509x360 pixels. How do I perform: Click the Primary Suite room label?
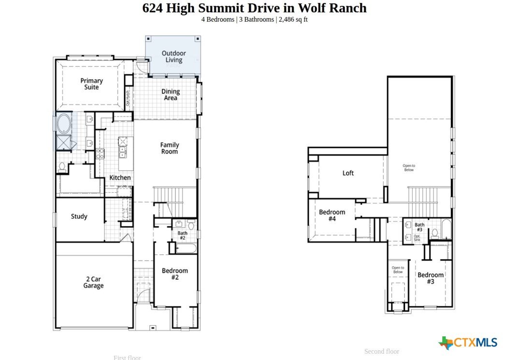(x=91, y=84)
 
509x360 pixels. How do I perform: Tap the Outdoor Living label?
(x=174, y=57)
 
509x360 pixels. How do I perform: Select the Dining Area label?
(x=170, y=95)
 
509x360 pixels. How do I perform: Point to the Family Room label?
(x=170, y=148)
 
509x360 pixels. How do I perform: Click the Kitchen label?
(x=120, y=178)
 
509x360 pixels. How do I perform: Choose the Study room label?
(x=79, y=216)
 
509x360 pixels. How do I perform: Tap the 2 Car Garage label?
(x=93, y=283)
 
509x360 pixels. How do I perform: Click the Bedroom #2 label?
(x=175, y=274)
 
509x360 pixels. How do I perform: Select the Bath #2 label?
(x=182, y=236)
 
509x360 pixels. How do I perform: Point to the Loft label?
(x=348, y=173)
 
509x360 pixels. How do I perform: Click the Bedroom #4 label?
(x=332, y=216)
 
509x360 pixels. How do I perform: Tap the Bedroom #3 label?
(x=430, y=278)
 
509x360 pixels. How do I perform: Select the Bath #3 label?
(x=420, y=227)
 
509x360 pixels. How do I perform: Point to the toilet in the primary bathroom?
(x=62, y=167)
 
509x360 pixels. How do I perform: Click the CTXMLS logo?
(x=468, y=343)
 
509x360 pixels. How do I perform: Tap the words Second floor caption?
(x=381, y=352)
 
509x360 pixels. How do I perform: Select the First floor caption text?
(x=127, y=358)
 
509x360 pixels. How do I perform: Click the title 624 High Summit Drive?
(x=254, y=8)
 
